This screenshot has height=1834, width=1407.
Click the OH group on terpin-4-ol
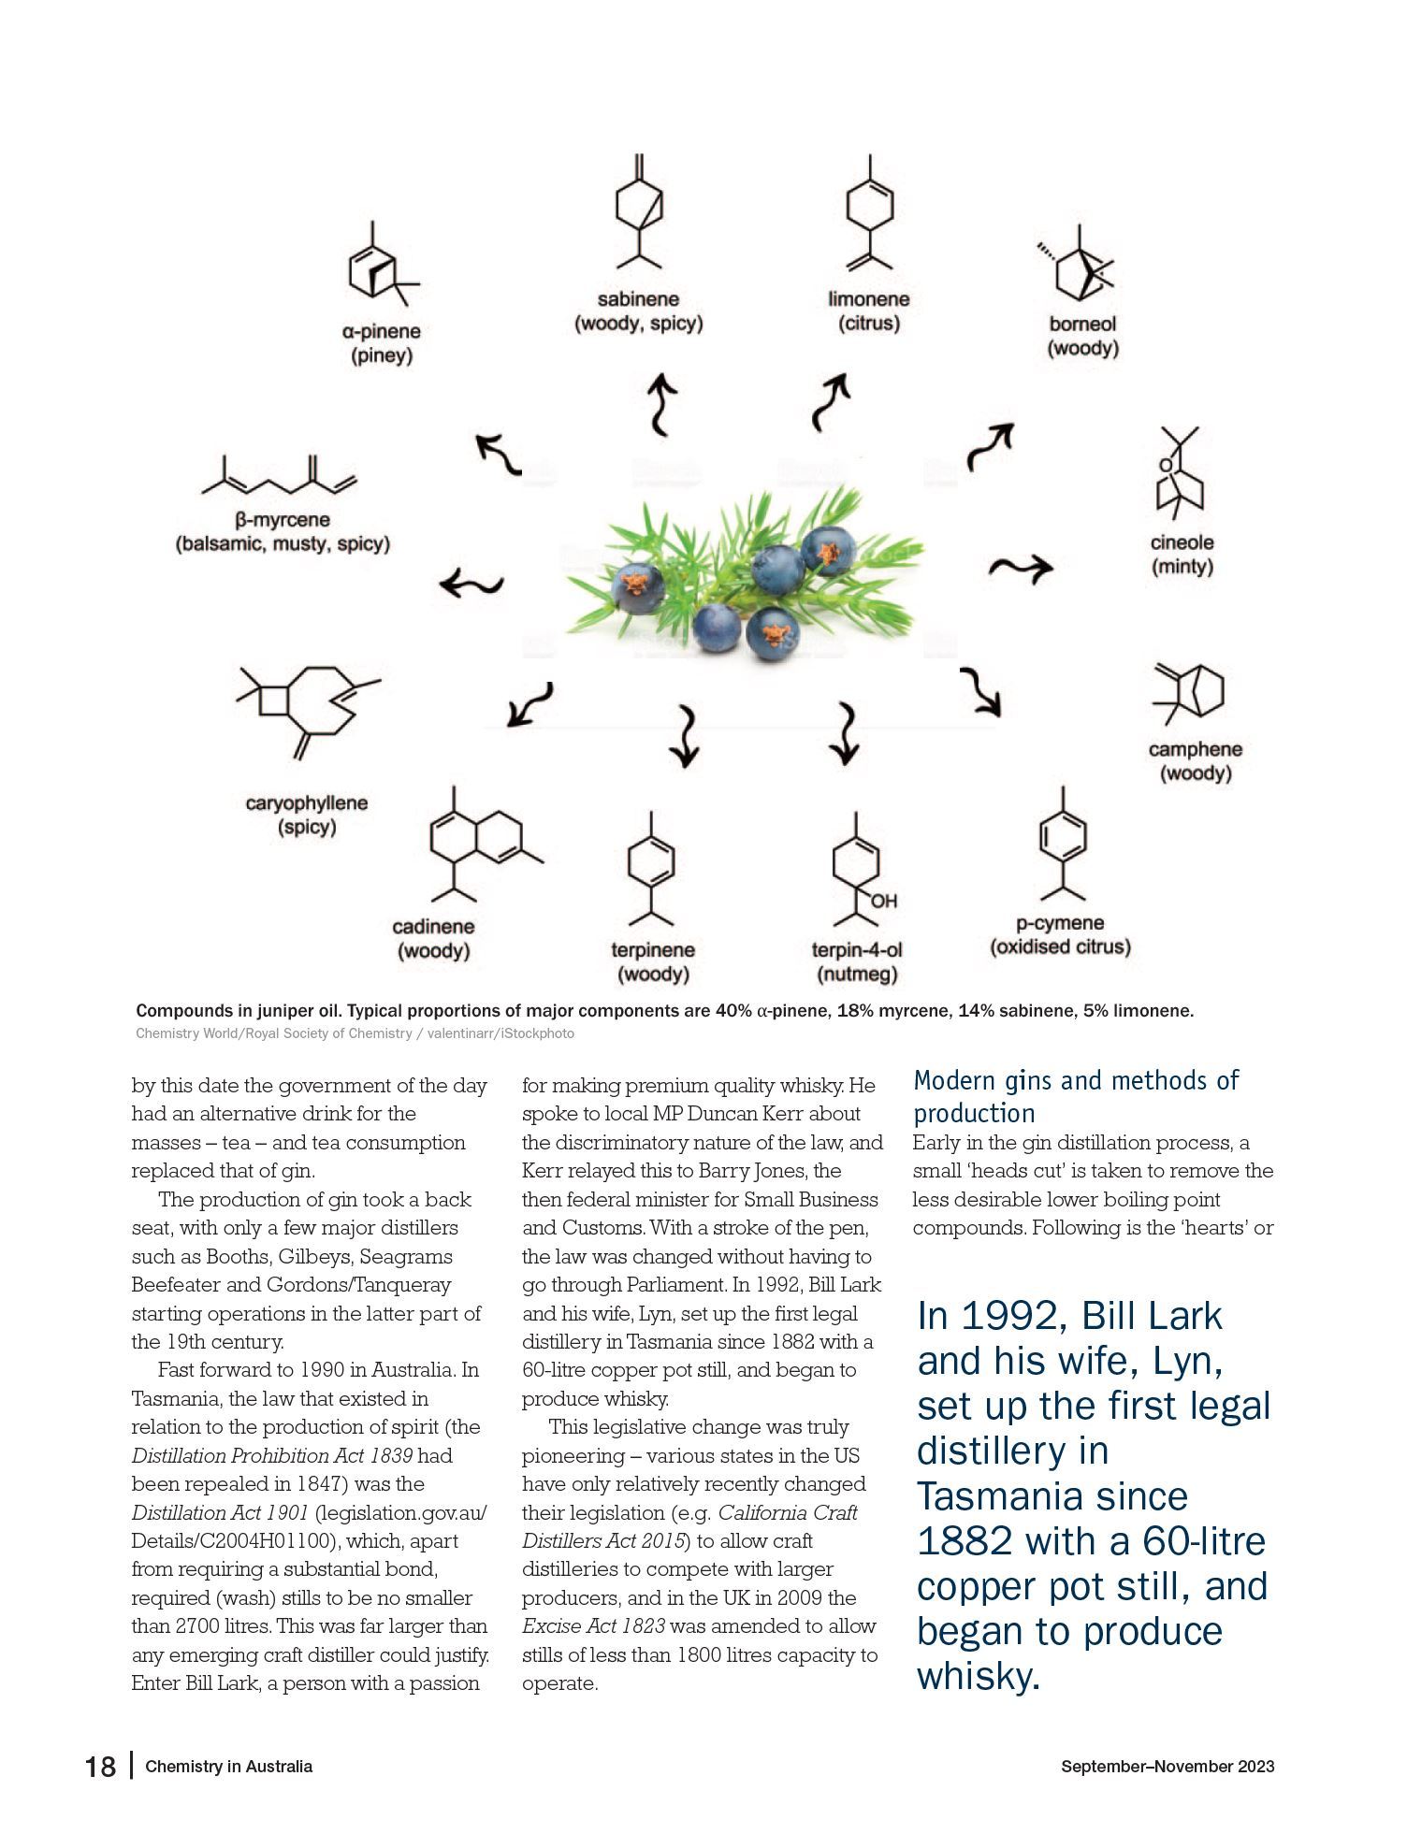point(883,902)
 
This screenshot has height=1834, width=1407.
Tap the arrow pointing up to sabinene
point(662,404)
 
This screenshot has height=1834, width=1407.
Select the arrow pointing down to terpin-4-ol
point(847,733)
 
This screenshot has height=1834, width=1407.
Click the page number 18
point(101,1767)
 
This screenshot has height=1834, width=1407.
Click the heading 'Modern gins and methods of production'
point(1076,1096)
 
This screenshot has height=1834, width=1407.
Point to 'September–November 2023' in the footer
point(1167,1767)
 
